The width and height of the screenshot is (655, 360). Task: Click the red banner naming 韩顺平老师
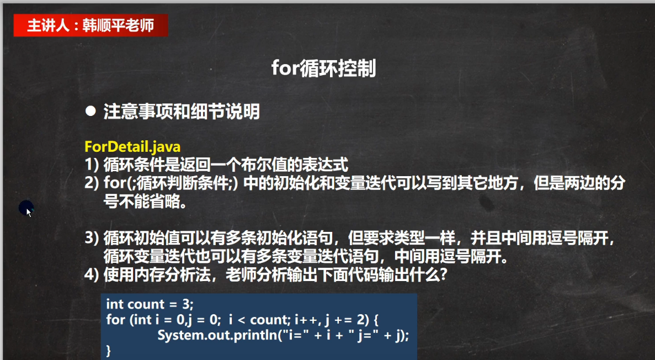pyautogui.click(x=90, y=25)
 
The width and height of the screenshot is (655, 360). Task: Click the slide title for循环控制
pyautogui.click(x=324, y=68)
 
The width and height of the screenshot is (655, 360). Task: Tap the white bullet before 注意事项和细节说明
pyautogui.click(x=90, y=111)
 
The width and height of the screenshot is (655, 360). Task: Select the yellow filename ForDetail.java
pyautogui.click(x=132, y=147)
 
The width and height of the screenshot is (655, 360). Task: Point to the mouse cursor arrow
pyautogui.click(x=29, y=212)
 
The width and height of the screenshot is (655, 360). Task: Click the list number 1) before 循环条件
pyautogui.click(x=92, y=165)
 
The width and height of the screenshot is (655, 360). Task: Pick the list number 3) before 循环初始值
pyautogui.click(x=92, y=238)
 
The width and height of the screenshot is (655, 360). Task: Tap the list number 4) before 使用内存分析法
pyautogui.click(x=92, y=275)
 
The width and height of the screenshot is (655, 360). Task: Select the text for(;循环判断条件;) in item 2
pyautogui.click(x=171, y=183)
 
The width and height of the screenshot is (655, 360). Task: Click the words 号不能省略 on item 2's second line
pyautogui.click(x=142, y=202)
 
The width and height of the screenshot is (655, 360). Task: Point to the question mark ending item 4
pyautogui.click(x=443, y=275)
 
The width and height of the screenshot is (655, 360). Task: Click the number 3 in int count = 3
pyautogui.click(x=186, y=304)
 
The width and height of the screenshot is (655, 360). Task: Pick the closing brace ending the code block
pyautogui.click(x=109, y=351)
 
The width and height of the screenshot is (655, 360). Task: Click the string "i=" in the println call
pyautogui.click(x=296, y=335)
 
